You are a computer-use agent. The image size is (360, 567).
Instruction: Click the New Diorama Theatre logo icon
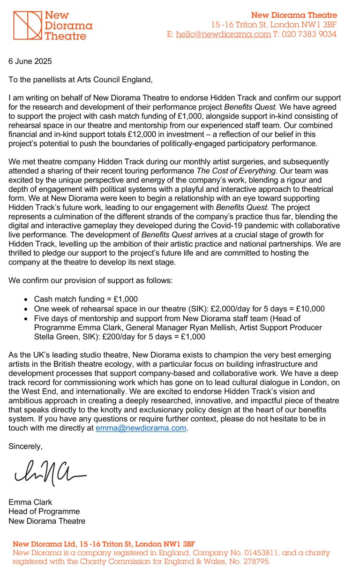click(27, 25)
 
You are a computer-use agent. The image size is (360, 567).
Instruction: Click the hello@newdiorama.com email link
click(223, 34)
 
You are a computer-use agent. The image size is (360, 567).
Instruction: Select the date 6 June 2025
click(30, 61)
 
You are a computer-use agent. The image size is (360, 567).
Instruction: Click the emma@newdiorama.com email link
click(141, 428)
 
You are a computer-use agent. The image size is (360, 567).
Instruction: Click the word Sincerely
click(25, 446)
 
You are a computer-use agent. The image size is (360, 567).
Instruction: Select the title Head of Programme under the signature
click(44, 511)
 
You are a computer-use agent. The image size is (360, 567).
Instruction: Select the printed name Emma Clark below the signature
click(30, 502)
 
